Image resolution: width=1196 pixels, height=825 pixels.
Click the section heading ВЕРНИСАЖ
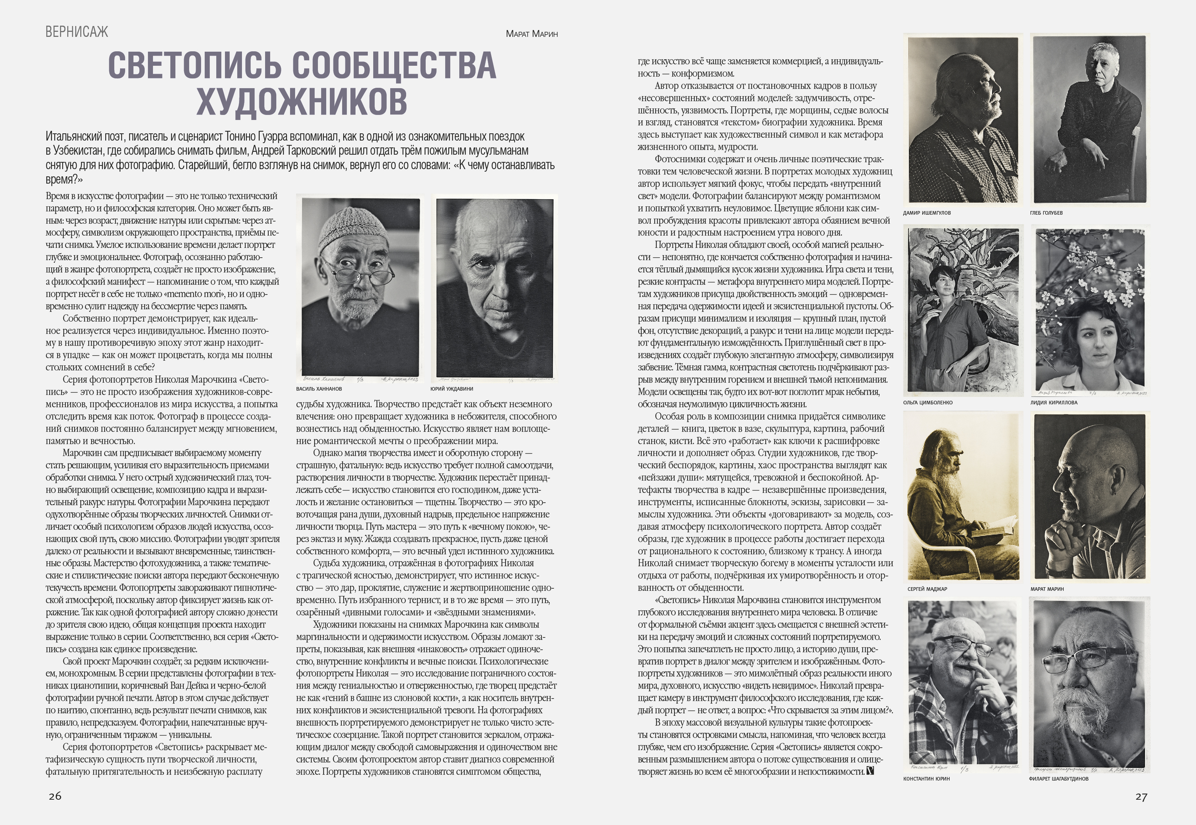click(77, 32)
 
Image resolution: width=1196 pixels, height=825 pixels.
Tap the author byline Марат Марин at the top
click(531, 34)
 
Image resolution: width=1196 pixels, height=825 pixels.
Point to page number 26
click(55, 796)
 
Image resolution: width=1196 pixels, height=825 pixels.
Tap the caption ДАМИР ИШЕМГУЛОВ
click(927, 213)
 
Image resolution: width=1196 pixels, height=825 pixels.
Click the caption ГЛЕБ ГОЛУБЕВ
click(1046, 213)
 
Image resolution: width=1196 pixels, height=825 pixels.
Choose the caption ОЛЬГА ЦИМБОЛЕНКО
click(928, 403)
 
